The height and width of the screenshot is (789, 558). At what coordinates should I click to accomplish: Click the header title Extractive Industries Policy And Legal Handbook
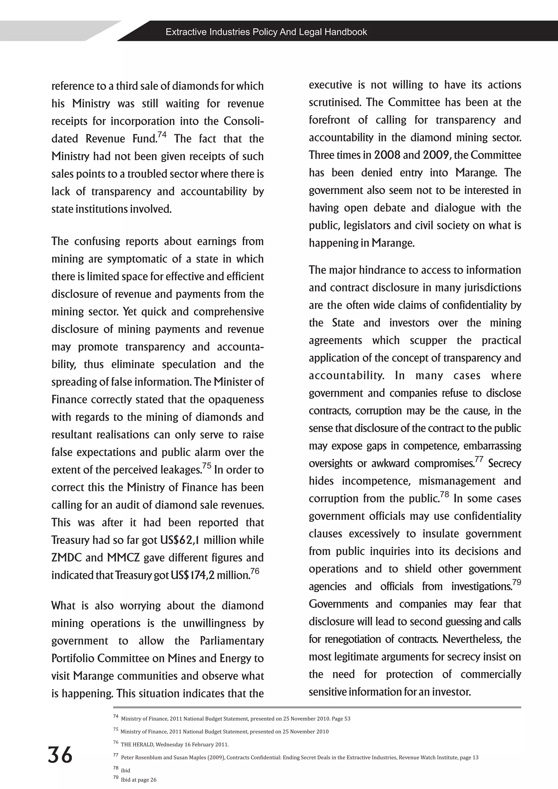coord(266,32)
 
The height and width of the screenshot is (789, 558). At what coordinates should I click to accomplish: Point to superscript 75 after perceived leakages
coord(207,466)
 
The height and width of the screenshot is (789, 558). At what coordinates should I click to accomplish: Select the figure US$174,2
coord(192,575)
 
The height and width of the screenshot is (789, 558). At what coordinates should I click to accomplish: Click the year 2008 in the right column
coord(387,155)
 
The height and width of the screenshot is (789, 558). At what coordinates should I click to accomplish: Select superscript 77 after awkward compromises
coord(479,459)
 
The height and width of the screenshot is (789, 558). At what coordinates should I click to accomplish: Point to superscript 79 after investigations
coord(516,582)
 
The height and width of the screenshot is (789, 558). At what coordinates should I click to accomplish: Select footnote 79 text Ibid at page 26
coord(138,780)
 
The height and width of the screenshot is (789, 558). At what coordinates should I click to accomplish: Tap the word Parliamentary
coord(232,641)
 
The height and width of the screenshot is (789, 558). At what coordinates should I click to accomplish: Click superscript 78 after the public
coord(445,495)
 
